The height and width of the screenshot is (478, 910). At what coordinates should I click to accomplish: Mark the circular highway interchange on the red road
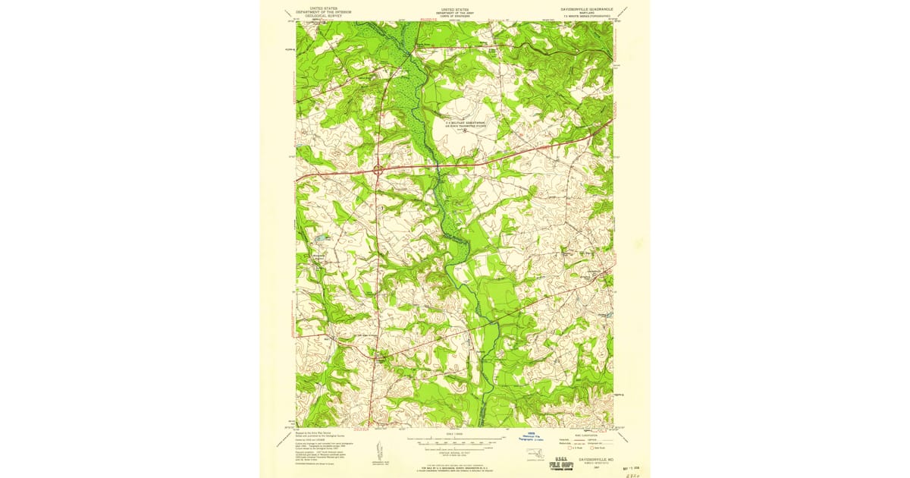pos(377,170)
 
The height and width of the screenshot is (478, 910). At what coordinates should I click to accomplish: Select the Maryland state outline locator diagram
pos(535,451)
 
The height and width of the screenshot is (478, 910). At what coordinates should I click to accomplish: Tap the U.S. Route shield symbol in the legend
pos(562,448)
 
